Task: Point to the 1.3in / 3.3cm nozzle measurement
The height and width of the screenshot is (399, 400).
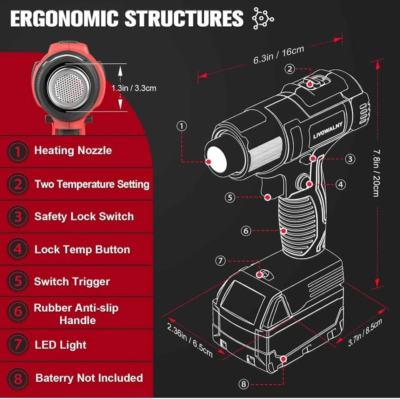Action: tap(134, 88)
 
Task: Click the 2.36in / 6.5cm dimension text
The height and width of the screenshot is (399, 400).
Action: tap(190, 340)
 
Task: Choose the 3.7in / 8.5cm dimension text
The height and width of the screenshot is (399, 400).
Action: tap(365, 333)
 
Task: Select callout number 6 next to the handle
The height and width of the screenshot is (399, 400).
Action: tap(246, 230)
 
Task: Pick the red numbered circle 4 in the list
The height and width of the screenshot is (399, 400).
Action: tap(18, 250)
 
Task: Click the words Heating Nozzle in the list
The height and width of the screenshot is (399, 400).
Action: tap(73, 150)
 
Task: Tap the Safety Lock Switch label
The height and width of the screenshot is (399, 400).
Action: tap(84, 217)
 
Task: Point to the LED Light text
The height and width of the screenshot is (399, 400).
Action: tap(61, 345)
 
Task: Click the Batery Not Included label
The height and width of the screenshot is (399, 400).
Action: tap(89, 378)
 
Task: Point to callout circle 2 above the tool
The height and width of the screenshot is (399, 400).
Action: tap(290, 69)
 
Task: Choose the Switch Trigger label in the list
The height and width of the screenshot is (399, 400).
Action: tap(72, 282)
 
